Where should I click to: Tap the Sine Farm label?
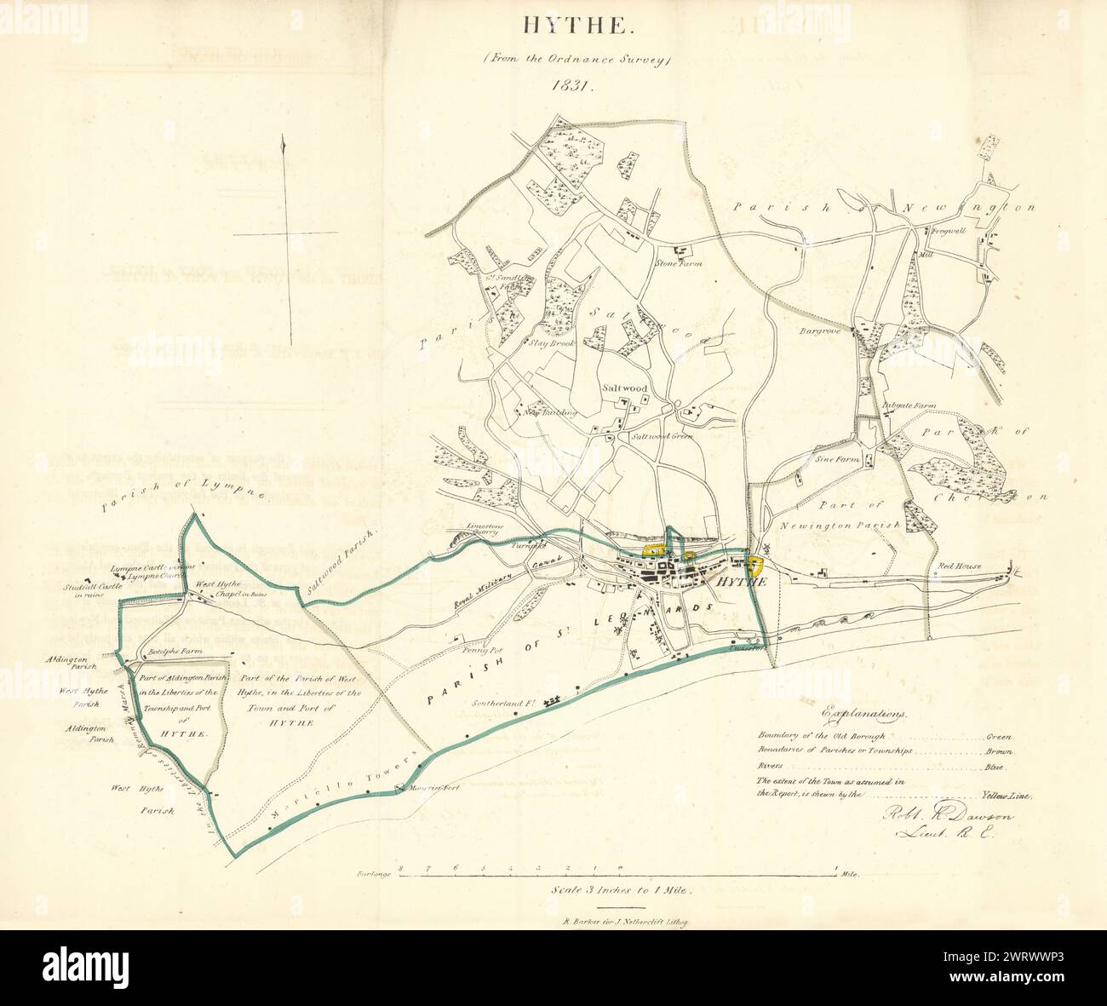(x=837, y=458)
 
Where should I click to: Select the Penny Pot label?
(x=486, y=649)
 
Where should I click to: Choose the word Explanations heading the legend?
(x=864, y=714)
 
